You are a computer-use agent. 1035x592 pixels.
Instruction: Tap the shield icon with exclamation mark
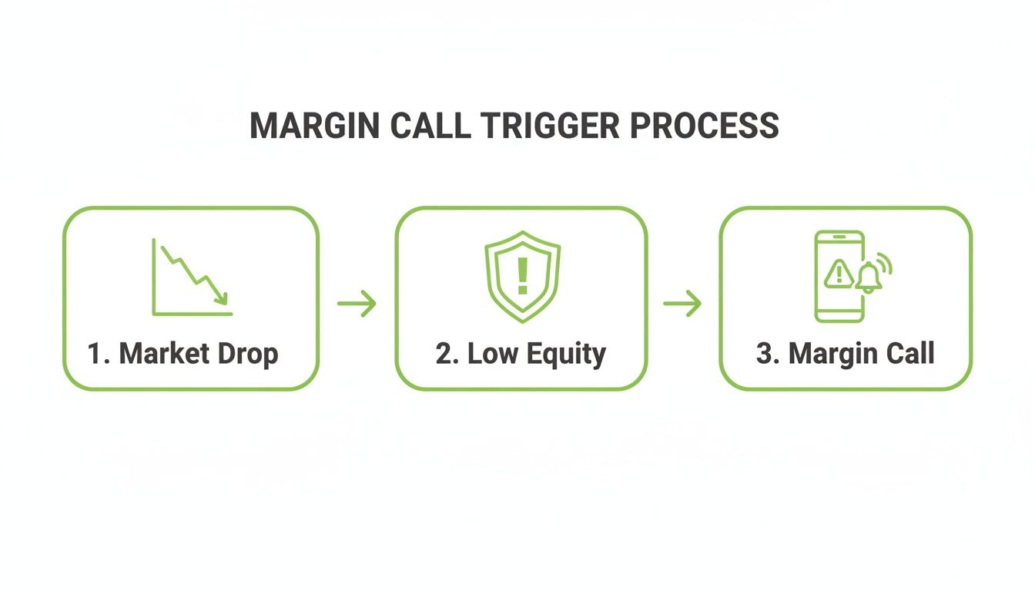522,276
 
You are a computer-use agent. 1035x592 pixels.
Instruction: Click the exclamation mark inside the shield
522,275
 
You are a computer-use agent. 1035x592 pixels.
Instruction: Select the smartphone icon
839,276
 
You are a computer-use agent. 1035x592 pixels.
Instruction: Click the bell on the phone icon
869,277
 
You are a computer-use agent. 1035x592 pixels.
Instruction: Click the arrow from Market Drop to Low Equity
357,304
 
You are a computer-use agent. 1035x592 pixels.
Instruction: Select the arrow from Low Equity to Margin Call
682,304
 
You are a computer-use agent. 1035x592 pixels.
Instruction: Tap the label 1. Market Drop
183,354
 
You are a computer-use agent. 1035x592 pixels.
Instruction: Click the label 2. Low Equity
521,354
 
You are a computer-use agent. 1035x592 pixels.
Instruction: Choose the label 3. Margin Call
846,354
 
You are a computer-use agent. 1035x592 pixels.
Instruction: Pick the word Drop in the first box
250,355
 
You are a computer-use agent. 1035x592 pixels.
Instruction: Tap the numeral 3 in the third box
764,354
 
